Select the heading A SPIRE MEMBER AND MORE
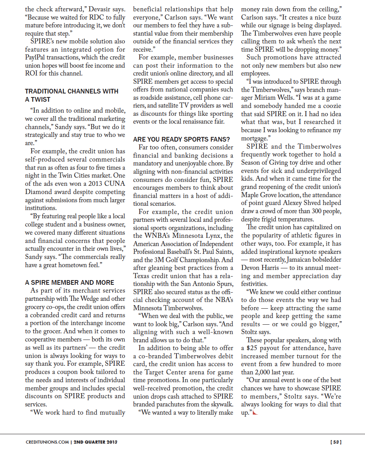pos(70,282)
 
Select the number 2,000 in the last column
pos(265,372)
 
